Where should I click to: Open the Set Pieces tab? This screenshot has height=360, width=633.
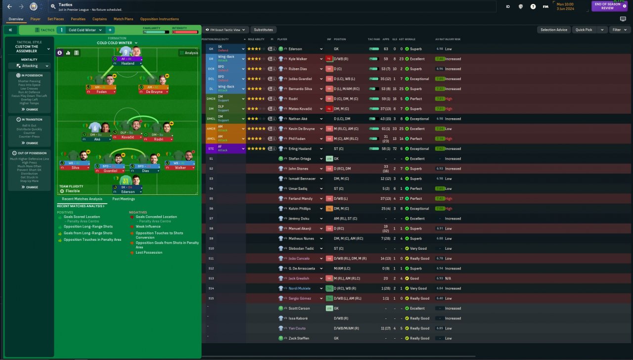(55, 19)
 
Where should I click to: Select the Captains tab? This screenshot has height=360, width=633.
(99, 19)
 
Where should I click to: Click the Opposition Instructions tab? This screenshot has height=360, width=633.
(159, 19)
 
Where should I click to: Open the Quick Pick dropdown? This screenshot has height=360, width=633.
(589, 30)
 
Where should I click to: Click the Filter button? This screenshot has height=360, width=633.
(619, 30)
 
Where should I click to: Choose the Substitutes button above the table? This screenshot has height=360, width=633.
(264, 30)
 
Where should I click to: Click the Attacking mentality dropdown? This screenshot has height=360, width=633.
(30, 66)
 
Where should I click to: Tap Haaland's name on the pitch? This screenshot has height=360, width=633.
(128, 63)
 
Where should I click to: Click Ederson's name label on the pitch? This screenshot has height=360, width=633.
(128, 192)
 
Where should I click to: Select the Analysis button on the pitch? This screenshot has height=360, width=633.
(188, 53)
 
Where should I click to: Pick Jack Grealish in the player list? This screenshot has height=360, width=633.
(299, 278)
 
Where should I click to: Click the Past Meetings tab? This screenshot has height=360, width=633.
(123, 199)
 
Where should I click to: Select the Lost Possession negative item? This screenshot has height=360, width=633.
(149, 253)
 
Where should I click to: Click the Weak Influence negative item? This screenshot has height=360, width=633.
(148, 226)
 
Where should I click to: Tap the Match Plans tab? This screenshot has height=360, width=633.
(123, 19)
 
